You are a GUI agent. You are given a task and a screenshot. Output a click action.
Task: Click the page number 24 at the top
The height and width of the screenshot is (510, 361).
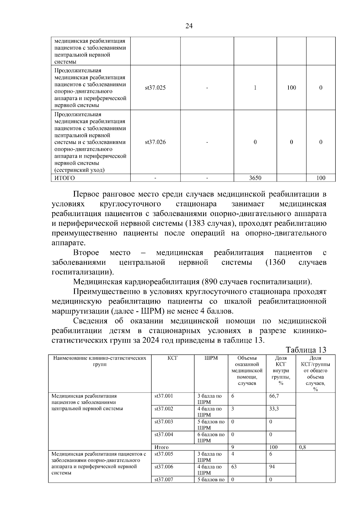tap(189, 26)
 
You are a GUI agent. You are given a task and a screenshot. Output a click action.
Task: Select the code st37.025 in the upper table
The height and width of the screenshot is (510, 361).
tap(155, 88)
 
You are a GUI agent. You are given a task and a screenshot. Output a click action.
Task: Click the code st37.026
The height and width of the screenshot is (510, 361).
tap(155, 142)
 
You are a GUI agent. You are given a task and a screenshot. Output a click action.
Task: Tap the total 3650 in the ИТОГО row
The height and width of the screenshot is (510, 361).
tap(255, 178)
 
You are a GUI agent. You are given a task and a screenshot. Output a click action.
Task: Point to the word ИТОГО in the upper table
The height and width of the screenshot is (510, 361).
tap(64, 178)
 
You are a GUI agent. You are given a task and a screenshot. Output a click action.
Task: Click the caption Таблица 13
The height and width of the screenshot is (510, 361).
tap(306, 350)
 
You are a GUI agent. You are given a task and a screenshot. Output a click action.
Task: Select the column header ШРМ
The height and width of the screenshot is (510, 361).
tap(211, 358)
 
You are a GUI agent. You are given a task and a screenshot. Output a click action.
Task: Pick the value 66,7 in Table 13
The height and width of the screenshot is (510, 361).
tap(274, 396)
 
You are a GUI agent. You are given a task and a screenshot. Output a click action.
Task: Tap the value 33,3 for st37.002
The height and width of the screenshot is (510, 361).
tap(274, 409)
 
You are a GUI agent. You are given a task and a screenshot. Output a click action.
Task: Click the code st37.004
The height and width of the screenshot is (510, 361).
tap(164, 434)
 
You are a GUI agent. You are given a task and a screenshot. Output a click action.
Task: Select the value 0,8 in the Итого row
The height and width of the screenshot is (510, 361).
tap(302, 447)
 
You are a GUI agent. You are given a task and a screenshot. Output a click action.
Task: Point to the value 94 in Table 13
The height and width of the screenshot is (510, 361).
tap(272, 467)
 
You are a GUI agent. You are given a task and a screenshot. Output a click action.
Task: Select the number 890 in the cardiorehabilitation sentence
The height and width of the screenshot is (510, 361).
tap(211, 282)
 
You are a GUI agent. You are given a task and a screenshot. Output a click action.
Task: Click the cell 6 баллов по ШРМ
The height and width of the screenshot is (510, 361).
tap(211, 437)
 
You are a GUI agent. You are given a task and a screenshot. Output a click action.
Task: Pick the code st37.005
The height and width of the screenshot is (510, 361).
tap(164, 454)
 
